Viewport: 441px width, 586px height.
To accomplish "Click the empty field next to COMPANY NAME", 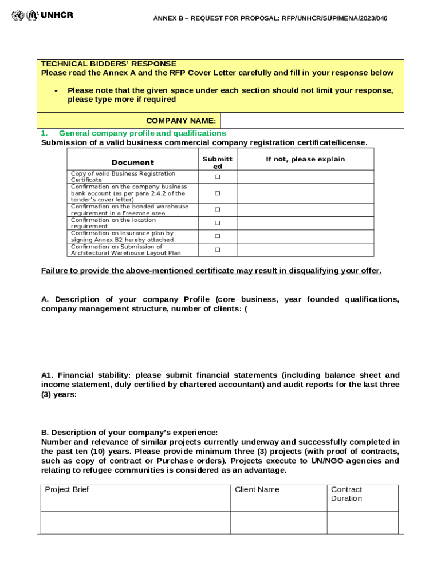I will (x=312, y=121).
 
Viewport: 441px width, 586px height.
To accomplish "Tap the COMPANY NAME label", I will (x=181, y=121).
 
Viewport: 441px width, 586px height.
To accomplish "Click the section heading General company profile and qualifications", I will (x=142, y=133).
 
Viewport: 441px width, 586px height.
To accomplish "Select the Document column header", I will (x=132, y=163).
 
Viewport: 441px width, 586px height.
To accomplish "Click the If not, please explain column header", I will (x=305, y=159).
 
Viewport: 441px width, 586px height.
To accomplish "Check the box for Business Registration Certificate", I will (x=218, y=177).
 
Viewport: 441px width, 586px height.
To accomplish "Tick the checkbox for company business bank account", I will (x=218, y=193).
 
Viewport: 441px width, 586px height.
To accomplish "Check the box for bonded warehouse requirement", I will (x=218, y=209).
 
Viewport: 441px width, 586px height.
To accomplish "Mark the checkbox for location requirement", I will (x=218, y=223).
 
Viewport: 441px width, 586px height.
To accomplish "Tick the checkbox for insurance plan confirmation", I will (x=218, y=236).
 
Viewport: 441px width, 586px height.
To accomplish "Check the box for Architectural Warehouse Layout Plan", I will (x=218, y=250).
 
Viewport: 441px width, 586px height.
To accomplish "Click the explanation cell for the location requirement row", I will (x=305, y=223).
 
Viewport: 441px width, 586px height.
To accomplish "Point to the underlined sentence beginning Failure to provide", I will (x=211, y=271).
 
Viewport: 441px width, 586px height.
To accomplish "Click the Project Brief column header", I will (x=67, y=490).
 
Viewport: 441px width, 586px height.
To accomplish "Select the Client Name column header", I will (x=257, y=490).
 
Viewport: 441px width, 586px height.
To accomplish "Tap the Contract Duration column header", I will (x=346, y=494).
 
